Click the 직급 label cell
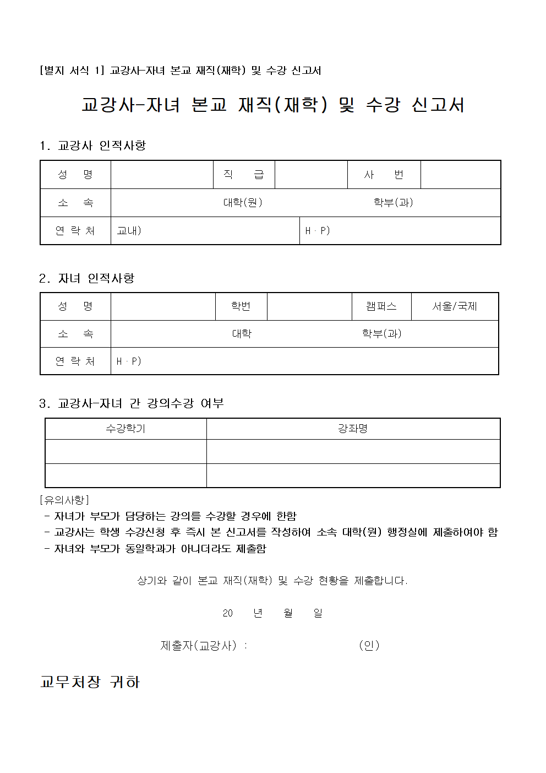pos(244,175)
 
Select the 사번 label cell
pos(384,175)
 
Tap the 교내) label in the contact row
pos(129,231)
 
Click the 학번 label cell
pos(241,306)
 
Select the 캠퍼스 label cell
pos(381,306)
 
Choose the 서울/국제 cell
pos(455,306)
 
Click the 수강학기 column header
pos(125,429)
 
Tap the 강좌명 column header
pos(353,429)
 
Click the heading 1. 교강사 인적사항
pos(92,145)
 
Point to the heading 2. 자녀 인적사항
pos(87,278)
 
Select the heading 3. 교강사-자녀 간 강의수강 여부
pos(132,403)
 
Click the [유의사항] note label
pos(64,500)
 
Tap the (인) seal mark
pos(369,645)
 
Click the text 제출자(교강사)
pos(199,645)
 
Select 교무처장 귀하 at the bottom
pos(90,682)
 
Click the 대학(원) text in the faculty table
pos(243,203)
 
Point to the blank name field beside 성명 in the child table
pos(163,306)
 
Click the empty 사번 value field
pos(460,175)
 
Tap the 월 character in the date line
pos(288,613)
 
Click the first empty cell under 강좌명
pos(353,451)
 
